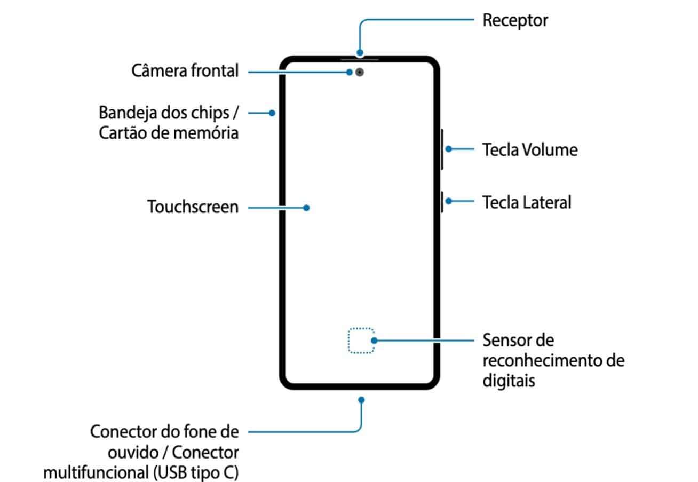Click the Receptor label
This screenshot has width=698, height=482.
click(515, 21)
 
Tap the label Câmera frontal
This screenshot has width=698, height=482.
click(185, 71)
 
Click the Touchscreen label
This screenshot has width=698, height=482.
click(193, 207)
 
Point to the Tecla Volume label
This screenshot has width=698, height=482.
click(529, 149)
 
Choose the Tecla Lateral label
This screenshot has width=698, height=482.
click(526, 202)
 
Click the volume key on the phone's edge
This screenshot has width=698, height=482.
click(442, 149)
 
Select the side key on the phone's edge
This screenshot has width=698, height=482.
click(442, 201)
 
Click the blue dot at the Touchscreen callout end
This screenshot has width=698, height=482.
click(306, 208)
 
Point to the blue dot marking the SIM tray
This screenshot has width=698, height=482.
click(272, 113)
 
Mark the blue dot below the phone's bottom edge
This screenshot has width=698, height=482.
click(361, 399)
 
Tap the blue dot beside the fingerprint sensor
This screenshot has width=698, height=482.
click(374, 341)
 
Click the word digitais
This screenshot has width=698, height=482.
click(509, 381)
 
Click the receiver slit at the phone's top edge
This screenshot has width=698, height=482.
click(360, 56)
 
